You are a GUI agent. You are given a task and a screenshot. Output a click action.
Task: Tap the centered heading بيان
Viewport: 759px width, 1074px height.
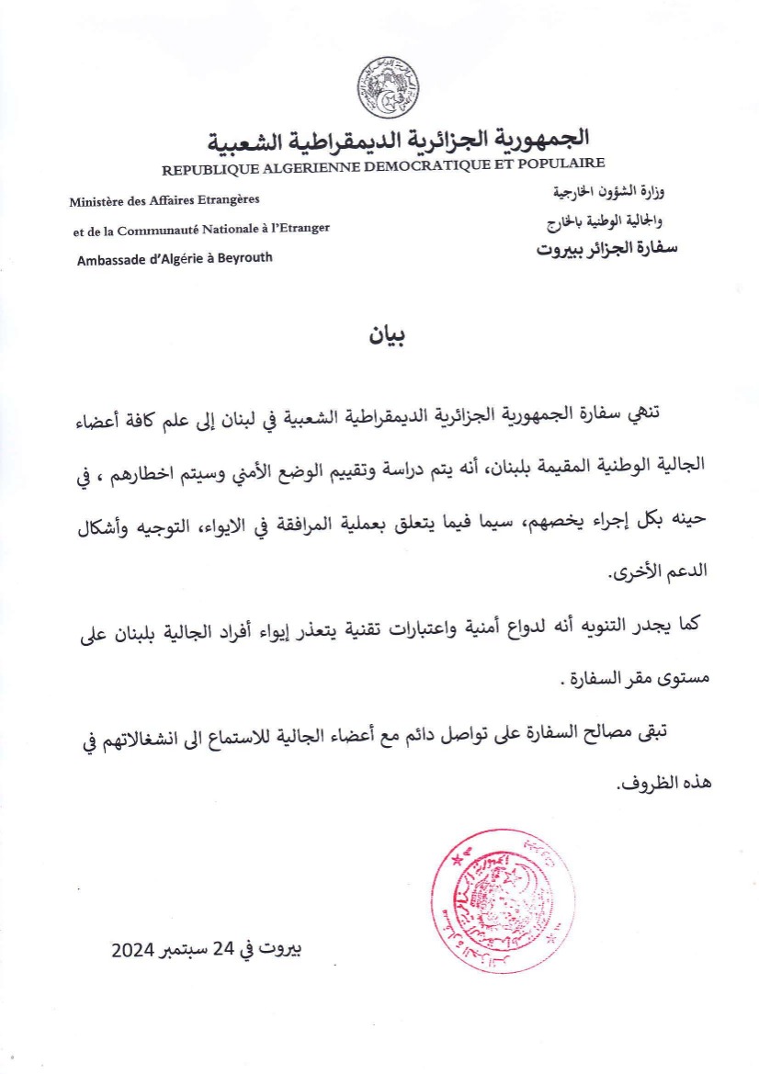pyautogui.click(x=387, y=336)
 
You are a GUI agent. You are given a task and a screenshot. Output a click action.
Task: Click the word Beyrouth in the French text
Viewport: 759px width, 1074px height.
pyautogui.click(x=243, y=258)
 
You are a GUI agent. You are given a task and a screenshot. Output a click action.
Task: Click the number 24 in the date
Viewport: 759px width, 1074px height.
pyautogui.click(x=225, y=949)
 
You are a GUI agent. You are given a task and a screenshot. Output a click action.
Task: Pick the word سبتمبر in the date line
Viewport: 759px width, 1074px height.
pyautogui.click(x=182, y=950)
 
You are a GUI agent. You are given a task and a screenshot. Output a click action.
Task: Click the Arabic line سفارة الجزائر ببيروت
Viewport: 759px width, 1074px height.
pyautogui.click(x=606, y=248)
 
